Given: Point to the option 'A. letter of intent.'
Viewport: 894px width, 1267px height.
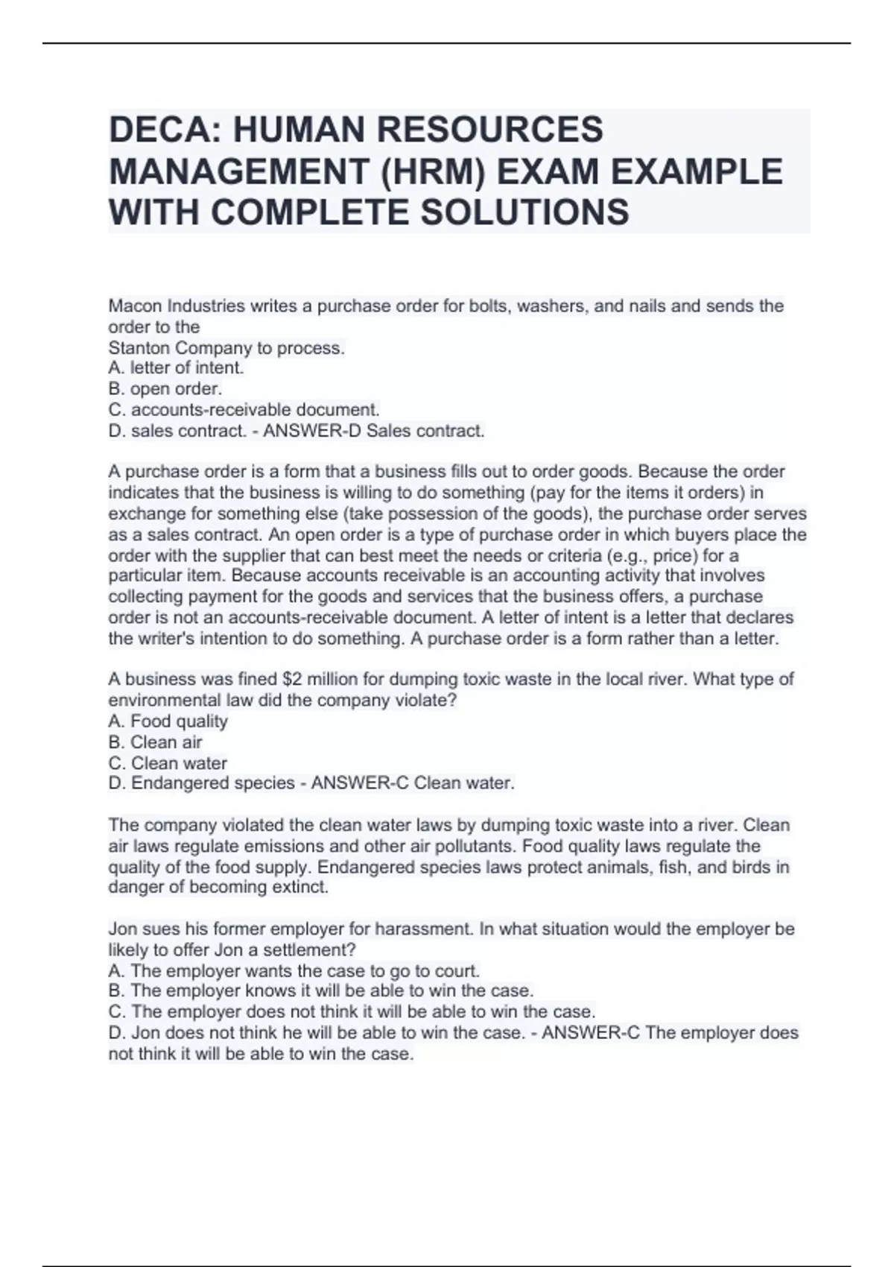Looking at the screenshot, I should [176, 368].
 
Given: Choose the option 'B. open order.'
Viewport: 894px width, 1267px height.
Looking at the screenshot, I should [165, 389].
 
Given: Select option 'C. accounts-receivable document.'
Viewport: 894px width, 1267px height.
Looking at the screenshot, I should [244, 410].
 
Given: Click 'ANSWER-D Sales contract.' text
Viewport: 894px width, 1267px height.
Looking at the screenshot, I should [374, 431].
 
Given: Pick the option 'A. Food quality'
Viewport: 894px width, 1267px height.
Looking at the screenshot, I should [168, 721].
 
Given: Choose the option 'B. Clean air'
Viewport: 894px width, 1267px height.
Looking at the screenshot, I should [155, 742].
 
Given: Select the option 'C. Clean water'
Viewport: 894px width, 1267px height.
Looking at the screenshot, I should [168, 763].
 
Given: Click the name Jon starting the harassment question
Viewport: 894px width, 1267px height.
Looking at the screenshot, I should [121, 929].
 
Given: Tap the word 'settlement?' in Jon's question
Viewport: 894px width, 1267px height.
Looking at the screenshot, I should [312, 950].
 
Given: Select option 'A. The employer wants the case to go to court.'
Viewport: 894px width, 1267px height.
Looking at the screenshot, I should [294, 971].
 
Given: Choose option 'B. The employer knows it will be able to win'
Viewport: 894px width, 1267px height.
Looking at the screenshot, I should [320, 991].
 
